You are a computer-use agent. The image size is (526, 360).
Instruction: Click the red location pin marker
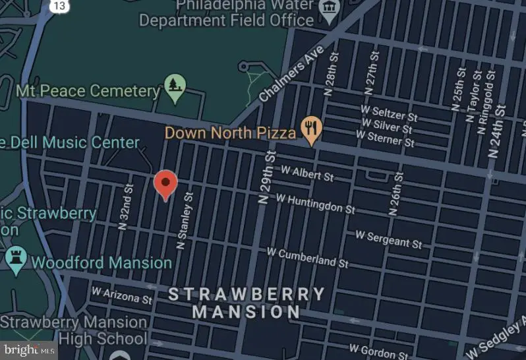point(165,184)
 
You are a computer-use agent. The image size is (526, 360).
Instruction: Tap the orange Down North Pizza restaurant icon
point(310,127)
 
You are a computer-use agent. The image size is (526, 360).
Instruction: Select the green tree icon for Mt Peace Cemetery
point(175,86)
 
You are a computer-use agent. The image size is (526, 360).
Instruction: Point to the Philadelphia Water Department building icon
point(328,7)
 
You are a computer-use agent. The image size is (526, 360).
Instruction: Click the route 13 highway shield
point(59,5)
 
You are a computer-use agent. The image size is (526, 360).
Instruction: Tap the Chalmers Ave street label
point(291,73)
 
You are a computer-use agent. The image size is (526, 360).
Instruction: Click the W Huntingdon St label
point(315,203)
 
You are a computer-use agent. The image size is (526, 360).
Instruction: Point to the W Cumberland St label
point(307,257)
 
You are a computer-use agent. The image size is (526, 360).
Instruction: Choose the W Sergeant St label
point(388,239)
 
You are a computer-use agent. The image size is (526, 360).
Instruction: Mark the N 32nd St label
point(125,206)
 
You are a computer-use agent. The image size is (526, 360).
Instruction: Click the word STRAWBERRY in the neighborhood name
point(247,294)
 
